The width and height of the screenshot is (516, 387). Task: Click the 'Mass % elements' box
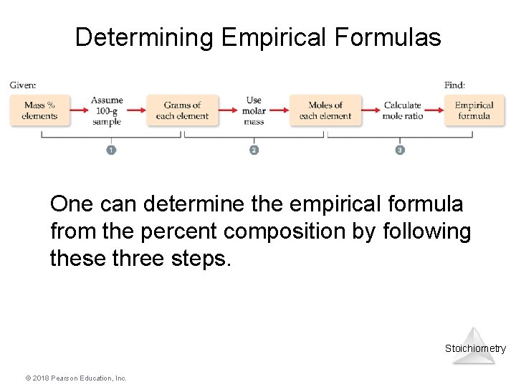39,110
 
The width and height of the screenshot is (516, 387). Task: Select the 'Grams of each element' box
182,110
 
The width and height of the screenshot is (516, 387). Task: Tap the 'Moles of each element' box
325,110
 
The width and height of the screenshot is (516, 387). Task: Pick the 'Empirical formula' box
474,110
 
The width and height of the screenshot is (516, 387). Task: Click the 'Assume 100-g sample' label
107,110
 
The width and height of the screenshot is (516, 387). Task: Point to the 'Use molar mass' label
254,110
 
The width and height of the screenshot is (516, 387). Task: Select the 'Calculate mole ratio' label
402,110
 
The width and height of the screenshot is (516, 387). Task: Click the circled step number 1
111,150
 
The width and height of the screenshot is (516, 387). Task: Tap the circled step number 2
254,150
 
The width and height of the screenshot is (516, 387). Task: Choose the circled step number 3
400,150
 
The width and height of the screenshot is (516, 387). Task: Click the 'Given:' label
23,85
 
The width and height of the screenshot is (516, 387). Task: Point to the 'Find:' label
454,85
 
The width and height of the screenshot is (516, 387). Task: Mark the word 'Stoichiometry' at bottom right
475,348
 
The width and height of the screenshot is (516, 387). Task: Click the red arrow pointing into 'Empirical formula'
434,110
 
